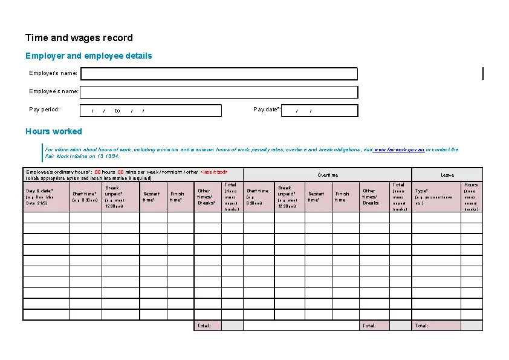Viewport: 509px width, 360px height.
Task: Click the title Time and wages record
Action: (79, 38)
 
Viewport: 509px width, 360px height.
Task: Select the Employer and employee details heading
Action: (89, 56)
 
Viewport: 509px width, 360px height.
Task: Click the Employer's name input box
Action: (219, 74)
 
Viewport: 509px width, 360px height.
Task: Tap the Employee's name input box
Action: (219, 92)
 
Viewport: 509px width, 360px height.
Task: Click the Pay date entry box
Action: (320, 111)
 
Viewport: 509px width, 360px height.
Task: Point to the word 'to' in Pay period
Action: (117, 111)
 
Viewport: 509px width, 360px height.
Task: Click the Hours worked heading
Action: (54, 131)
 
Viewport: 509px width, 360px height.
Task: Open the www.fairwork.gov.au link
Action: (399, 149)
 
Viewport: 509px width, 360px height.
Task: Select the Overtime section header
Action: (328, 175)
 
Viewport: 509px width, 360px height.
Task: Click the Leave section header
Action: (447, 175)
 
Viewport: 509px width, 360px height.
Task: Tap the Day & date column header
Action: (40, 191)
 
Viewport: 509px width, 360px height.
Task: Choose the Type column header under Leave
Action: (421, 191)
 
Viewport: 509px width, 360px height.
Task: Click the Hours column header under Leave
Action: (471, 185)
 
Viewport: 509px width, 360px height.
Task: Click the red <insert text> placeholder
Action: (214, 172)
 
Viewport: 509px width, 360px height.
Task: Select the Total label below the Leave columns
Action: (421, 326)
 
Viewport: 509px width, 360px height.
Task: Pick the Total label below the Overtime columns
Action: (369, 326)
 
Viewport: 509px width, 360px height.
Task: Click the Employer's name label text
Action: (53, 73)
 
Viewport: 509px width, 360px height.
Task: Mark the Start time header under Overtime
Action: (258, 191)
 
